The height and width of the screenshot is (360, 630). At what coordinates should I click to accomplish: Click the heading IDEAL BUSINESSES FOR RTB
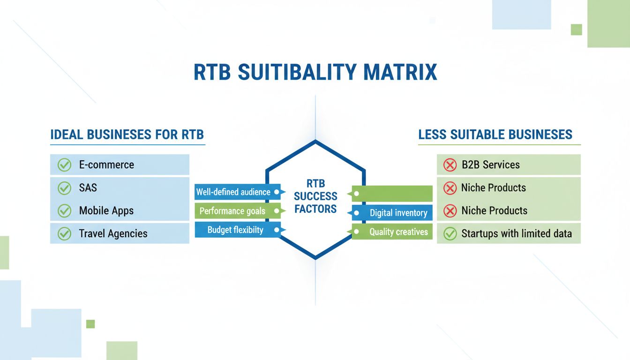[x=127, y=135]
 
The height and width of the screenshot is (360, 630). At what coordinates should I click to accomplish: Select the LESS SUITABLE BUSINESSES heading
[x=495, y=135]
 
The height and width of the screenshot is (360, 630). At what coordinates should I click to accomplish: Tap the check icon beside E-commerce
[x=64, y=165]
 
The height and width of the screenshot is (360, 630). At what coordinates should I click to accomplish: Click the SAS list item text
[x=88, y=188]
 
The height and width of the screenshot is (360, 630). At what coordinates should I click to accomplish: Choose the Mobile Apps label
[x=106, y=211]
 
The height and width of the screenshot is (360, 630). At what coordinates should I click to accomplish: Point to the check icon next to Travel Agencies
[x=64, y=233]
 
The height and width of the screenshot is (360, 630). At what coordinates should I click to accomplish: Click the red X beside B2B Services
[x=450, y=165]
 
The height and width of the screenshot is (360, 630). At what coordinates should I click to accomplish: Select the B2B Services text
[x=490, y=165]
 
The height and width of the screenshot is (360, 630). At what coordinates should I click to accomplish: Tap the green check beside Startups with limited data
[x=450, y=233]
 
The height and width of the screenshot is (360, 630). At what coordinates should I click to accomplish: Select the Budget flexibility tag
[x=235, y=230]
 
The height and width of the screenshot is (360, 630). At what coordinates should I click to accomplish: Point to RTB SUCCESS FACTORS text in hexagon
[x=315, y=196]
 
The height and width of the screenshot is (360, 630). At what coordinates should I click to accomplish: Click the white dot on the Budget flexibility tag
[x=277, y=230]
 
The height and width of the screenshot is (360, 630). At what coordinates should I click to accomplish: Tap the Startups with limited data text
[x=516, y=233]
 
